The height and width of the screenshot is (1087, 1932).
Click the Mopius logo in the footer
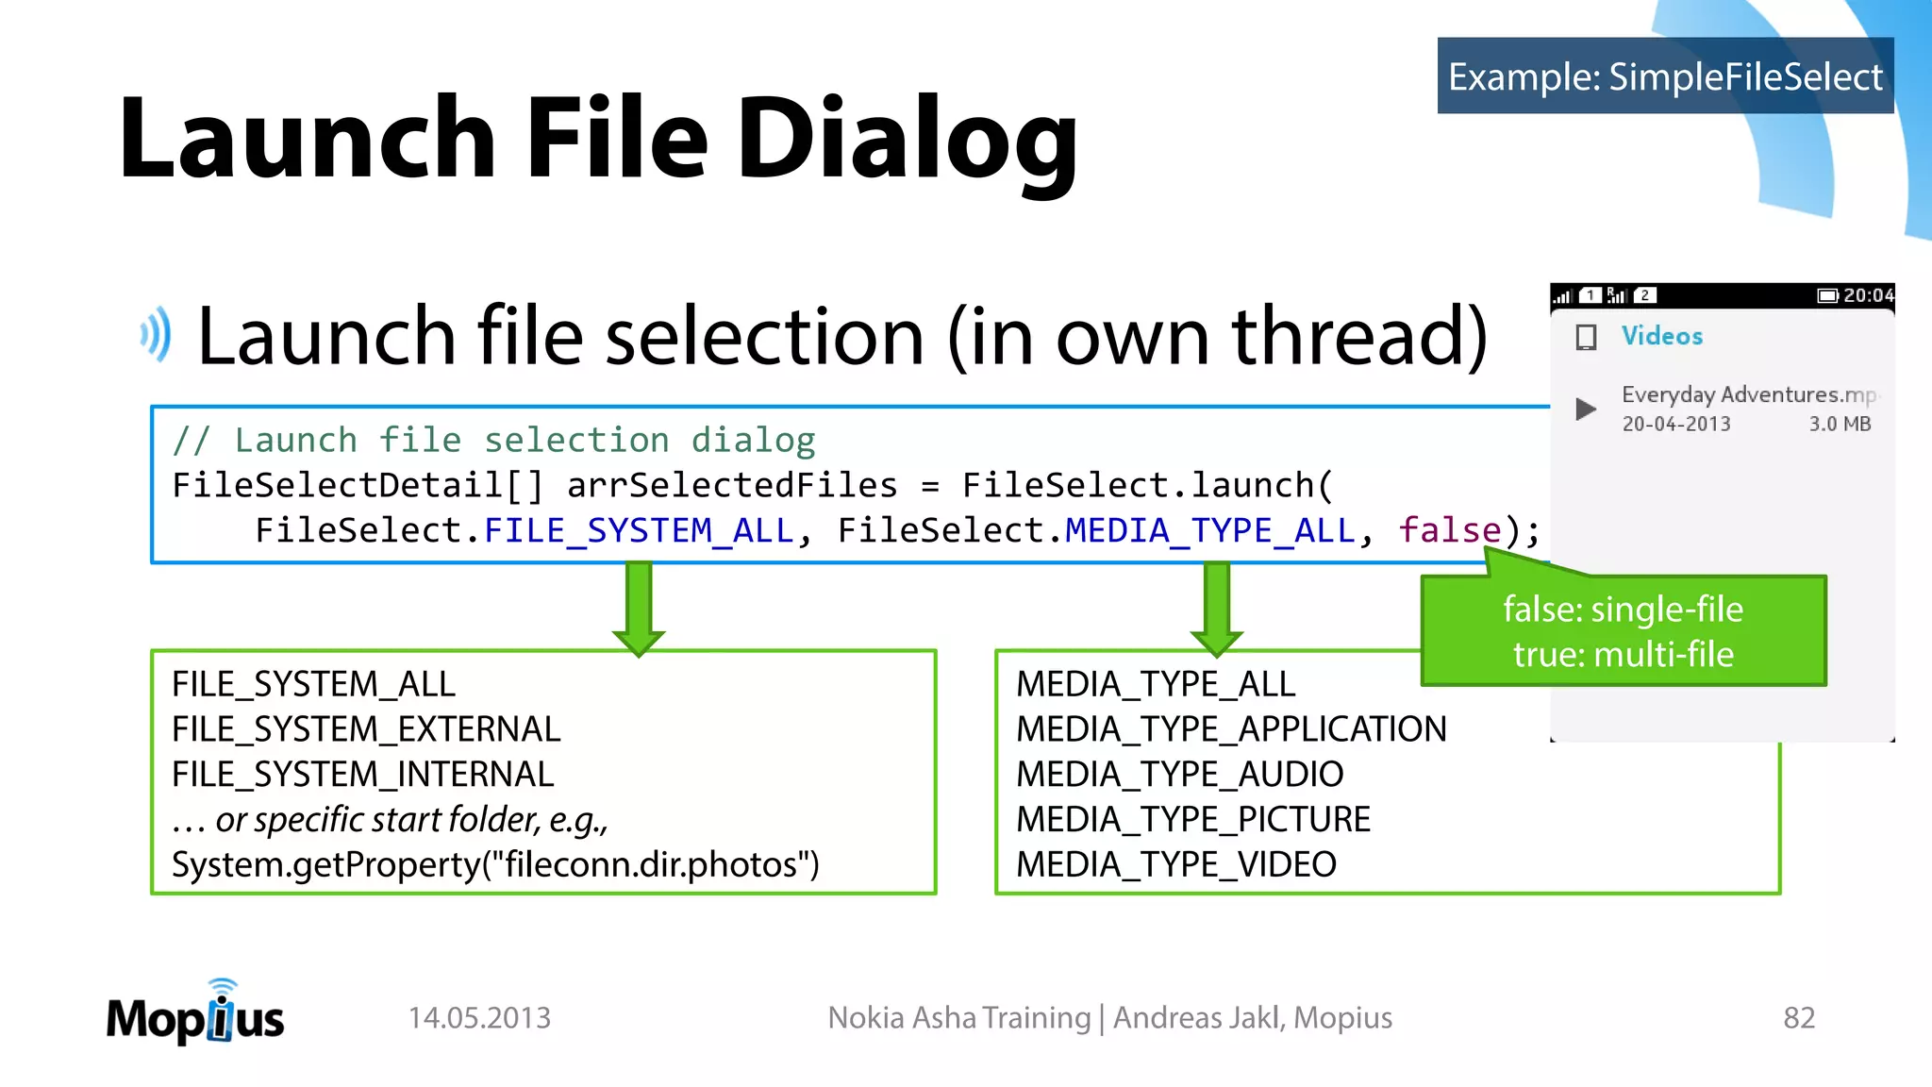pos(195,1014)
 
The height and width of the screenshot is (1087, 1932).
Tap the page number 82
pos(1798,1017)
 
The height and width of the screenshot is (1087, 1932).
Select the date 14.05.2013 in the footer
pos(479,1017)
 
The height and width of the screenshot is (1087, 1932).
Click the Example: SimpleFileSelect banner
pos(1665,76)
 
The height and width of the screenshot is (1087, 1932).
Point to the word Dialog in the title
pos(906,140)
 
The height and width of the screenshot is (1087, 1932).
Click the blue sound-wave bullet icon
pos(157,334)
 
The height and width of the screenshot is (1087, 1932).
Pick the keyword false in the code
pos(1449,530)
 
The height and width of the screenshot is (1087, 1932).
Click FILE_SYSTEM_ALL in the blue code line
pos(639,530)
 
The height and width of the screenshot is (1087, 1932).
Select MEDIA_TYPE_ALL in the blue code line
pos(1209,530)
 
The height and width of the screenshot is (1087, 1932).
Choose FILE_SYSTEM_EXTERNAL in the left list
pos(366,729)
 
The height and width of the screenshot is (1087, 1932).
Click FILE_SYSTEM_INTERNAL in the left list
pos(362,775)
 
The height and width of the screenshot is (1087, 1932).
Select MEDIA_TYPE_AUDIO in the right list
pos(1179,775)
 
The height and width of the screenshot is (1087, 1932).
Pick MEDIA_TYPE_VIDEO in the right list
pos(1175,864)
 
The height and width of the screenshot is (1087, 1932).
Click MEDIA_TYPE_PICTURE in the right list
pos(1192,819)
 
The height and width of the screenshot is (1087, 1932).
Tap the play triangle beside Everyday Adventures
pos(1586,409)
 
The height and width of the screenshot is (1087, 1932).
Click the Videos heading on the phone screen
pos(1661,336)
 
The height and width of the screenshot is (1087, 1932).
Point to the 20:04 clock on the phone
pos(1868,295)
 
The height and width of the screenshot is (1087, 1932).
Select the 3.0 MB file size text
pos(1840,425)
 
